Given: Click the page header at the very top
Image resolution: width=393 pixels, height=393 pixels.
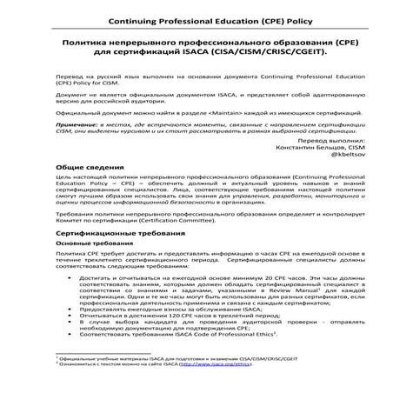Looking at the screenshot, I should click(196, 15).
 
